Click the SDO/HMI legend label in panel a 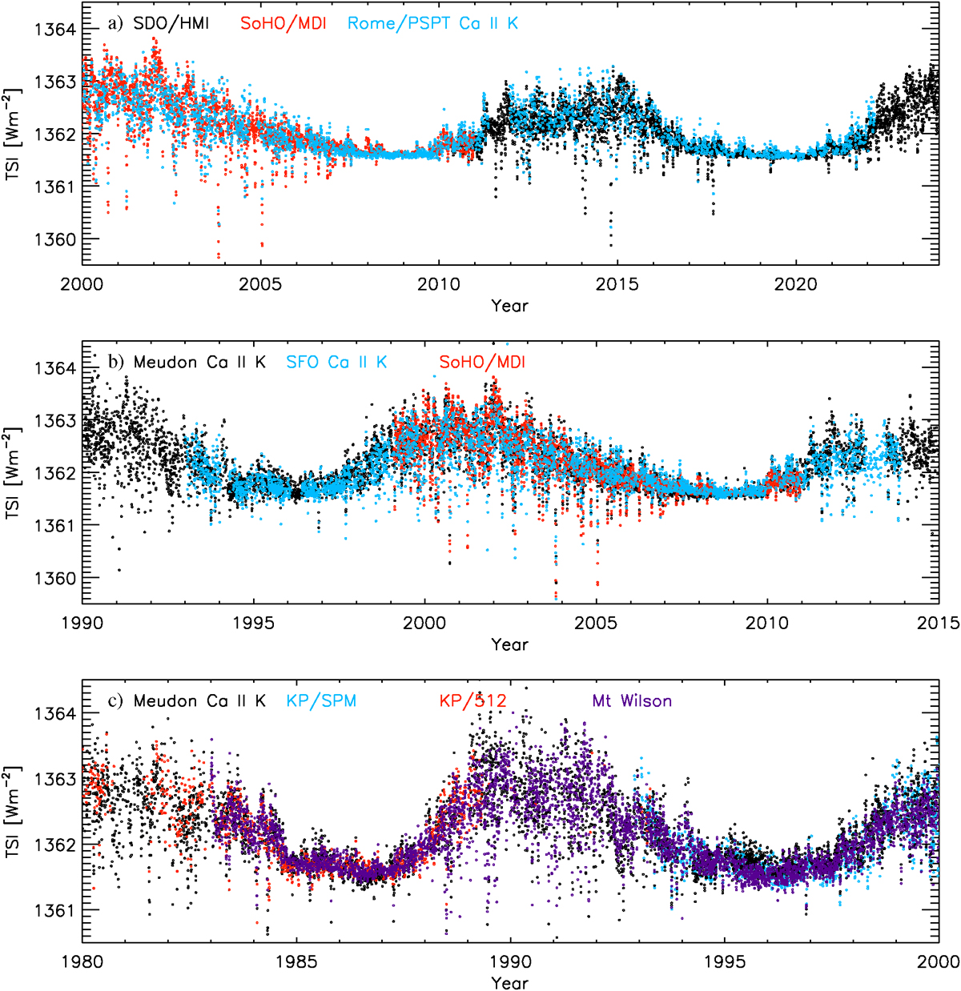click(171, 23)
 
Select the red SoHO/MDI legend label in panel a click(283, 23)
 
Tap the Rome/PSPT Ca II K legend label click(432, 23)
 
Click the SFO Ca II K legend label click(336, 362)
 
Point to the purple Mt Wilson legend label click(632, 701)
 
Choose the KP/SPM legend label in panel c click(321, 701)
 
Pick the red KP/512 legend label click(472, 701)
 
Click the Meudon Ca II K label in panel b click(199, 362)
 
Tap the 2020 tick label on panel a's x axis click(796, 284)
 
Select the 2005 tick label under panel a click(260, 284)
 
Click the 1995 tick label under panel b click(254, 623)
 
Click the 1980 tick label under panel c click(82, 961)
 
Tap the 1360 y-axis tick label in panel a click(55, 239)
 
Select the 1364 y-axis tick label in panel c click(55, 713)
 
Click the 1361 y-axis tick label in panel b click(55, 525)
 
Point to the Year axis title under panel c click(510, 982)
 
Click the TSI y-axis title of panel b click(14, 472)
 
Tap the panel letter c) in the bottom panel click(116, 701)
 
